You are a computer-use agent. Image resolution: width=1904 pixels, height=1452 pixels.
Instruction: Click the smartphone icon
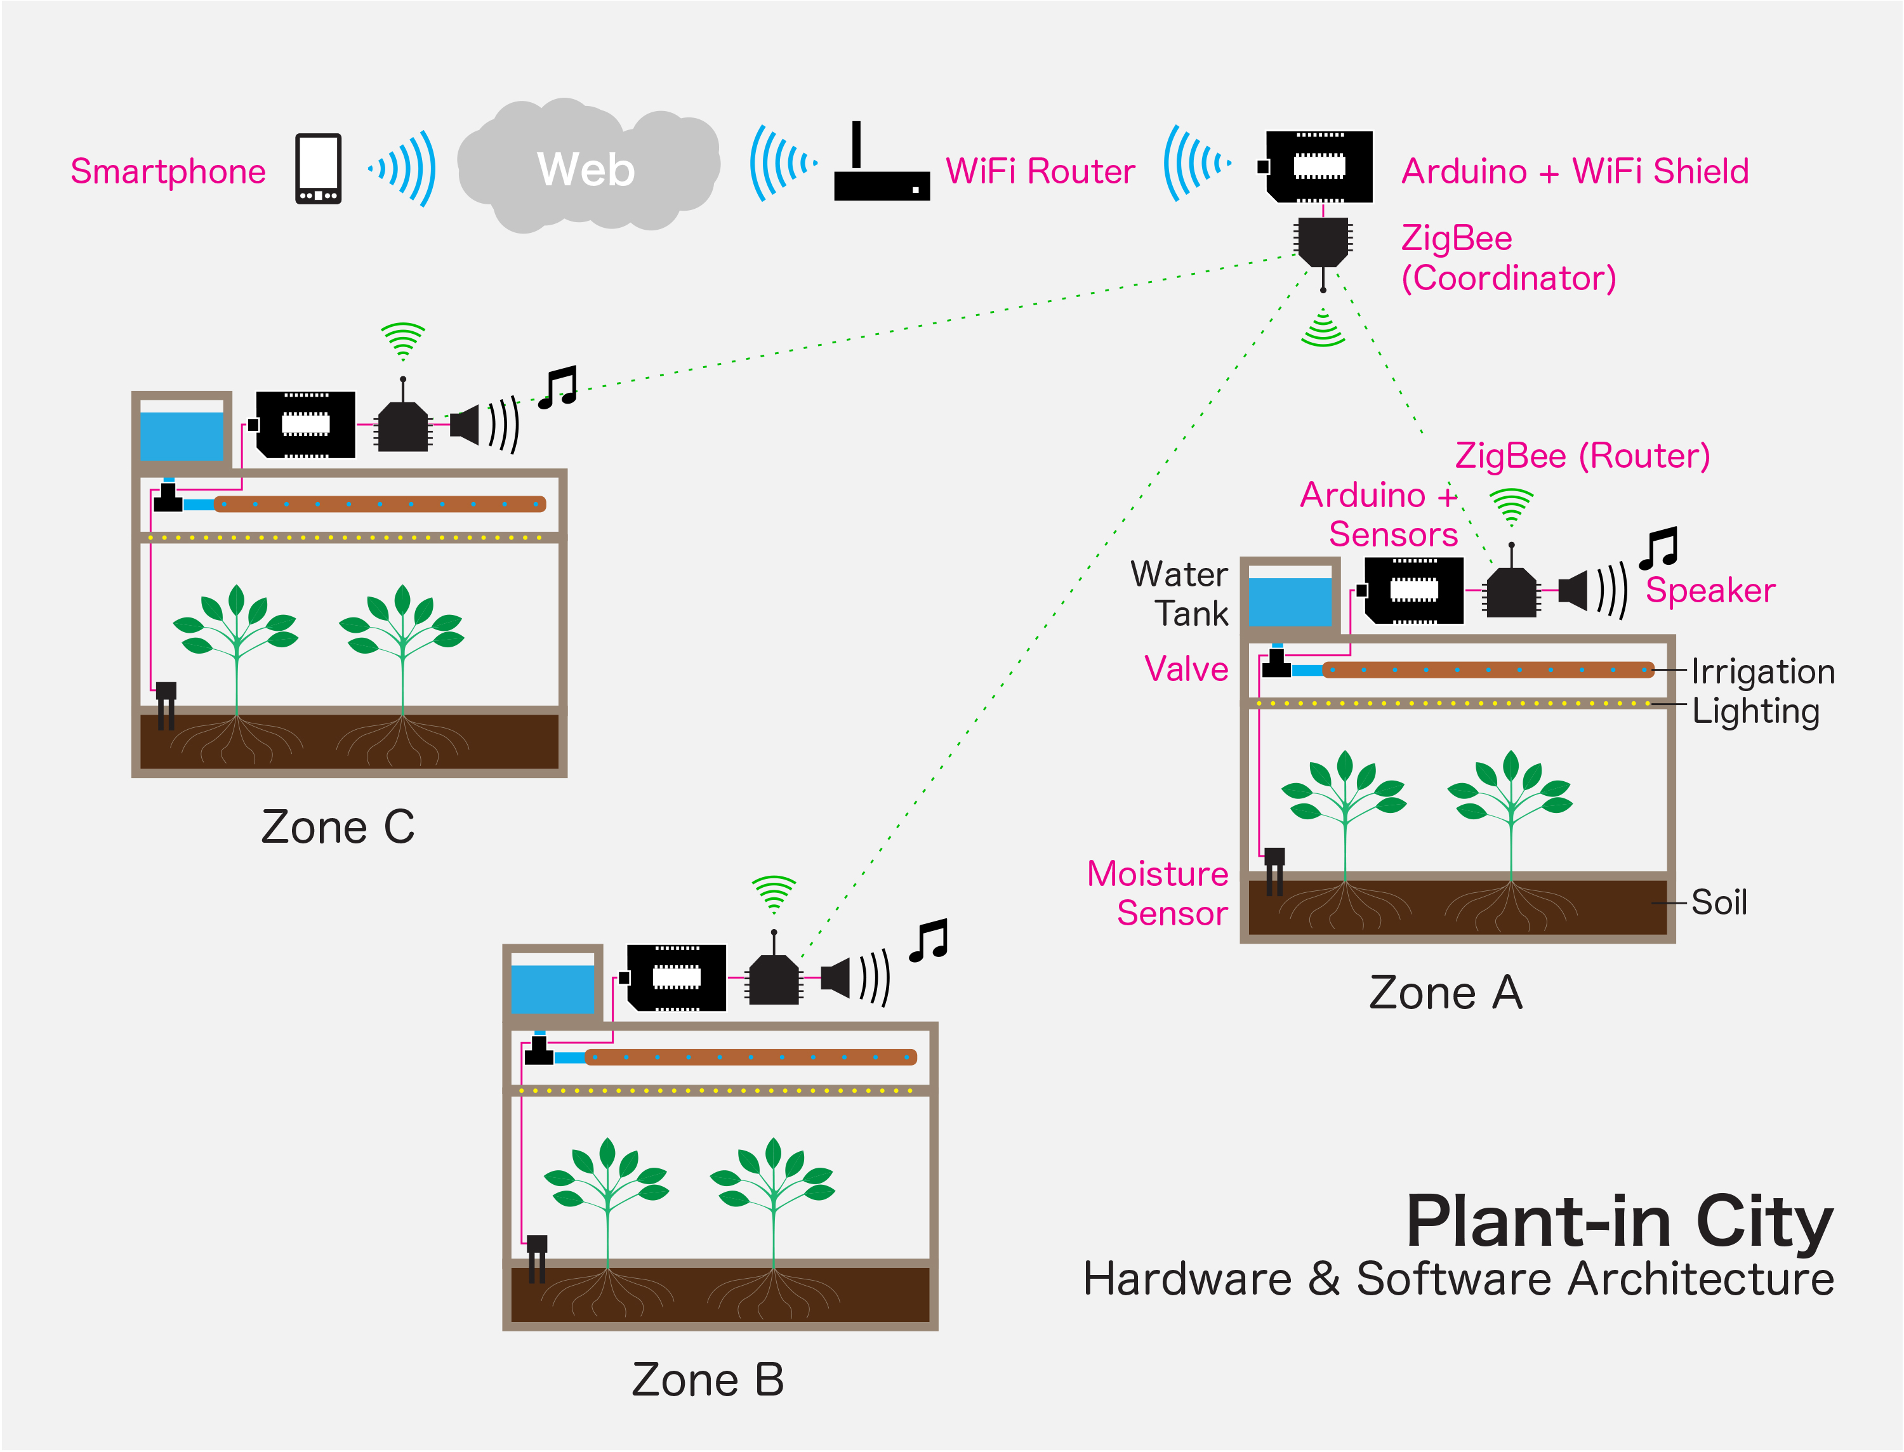(x=318, y=169)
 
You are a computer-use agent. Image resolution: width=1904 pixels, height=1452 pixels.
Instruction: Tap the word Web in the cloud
(x=586, y=169)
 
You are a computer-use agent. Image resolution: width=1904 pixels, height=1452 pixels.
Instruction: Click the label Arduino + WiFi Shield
(x=1574, y=171)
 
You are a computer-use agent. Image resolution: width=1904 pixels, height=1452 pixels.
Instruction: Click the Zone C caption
(x=338, y=827)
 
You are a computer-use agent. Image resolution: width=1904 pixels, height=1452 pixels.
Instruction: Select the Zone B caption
(x=708, y=1380)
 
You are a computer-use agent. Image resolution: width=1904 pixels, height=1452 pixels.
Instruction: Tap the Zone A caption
(x=1445, y=992)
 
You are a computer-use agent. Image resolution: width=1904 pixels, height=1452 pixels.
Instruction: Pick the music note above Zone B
(x=929, y=940)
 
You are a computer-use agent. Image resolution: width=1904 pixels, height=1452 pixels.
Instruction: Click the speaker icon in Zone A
(x=1573, y=591)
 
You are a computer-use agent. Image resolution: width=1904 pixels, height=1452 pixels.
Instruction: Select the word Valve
(x=1186, y=669)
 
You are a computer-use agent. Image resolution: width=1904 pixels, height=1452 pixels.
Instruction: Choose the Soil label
(x=1718, y=902)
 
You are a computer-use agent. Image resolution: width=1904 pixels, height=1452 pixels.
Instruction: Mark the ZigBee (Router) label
(x=1582, y=456)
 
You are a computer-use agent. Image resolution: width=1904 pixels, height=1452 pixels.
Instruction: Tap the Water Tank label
(x=1180, y=594)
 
